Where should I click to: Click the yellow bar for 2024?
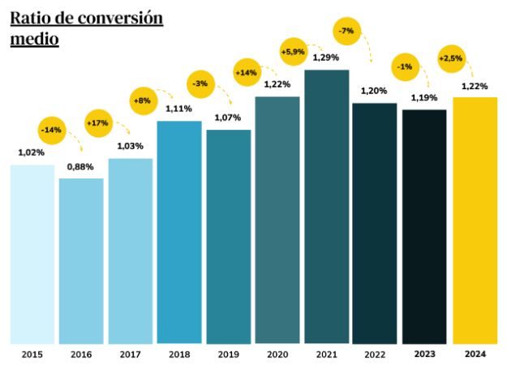(475, 220)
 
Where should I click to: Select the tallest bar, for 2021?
(327, 207)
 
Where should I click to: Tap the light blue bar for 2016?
(81, 260)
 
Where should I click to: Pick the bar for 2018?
(179, 232)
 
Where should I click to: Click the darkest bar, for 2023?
(424, 226)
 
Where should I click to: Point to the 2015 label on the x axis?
(32, 354)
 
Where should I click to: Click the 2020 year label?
(277, 354)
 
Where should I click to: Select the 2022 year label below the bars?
(375, 354)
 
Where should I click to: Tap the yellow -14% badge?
(51, 130)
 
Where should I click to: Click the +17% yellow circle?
(99, 124)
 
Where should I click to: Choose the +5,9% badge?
(294, 53)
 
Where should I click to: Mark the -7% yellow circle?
(346, 31)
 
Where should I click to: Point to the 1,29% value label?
(327, 58)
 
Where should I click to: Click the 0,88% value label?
(80, 166)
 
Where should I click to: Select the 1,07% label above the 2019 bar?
(228, 118)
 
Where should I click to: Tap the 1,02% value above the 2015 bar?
(32, 152)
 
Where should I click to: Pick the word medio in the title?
(34, 38)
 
